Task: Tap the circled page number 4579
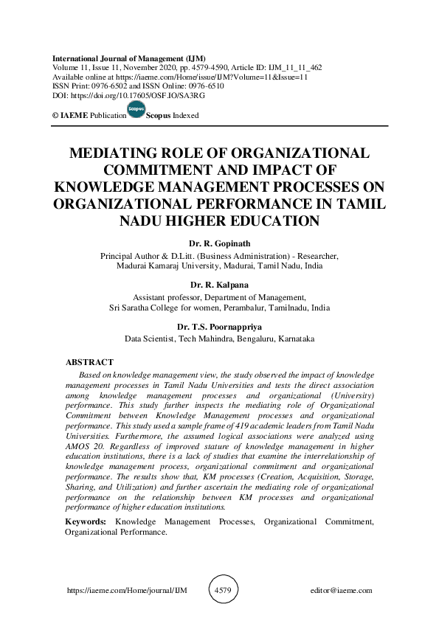pos(224,590)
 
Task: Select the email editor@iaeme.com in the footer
pos(342,591)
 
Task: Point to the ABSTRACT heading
pos(89,362)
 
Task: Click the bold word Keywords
pos(86,522)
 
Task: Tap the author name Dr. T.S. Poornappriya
pos(219,326)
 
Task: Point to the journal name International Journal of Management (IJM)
pos(128,58)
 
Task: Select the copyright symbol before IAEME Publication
pos(55,117)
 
